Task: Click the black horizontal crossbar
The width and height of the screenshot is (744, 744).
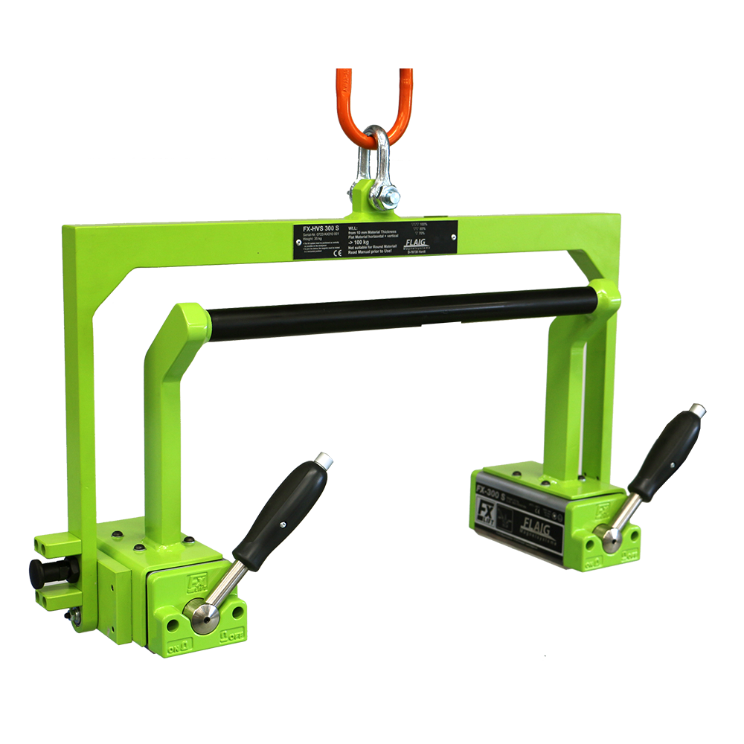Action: (x=402, y=312)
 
